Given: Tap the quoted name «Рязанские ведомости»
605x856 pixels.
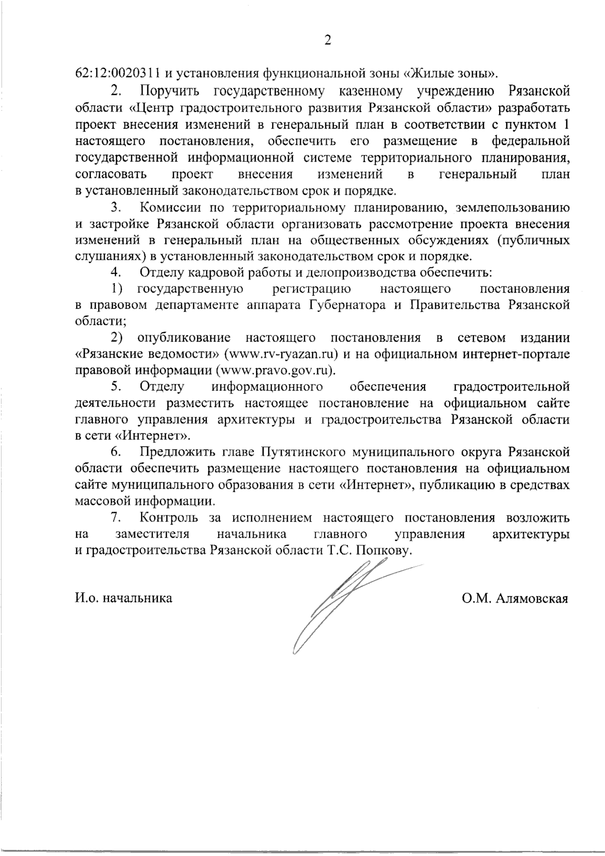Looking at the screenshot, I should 147,354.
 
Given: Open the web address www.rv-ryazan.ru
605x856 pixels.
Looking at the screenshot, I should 283,354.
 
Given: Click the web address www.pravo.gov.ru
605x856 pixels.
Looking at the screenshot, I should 275,370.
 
